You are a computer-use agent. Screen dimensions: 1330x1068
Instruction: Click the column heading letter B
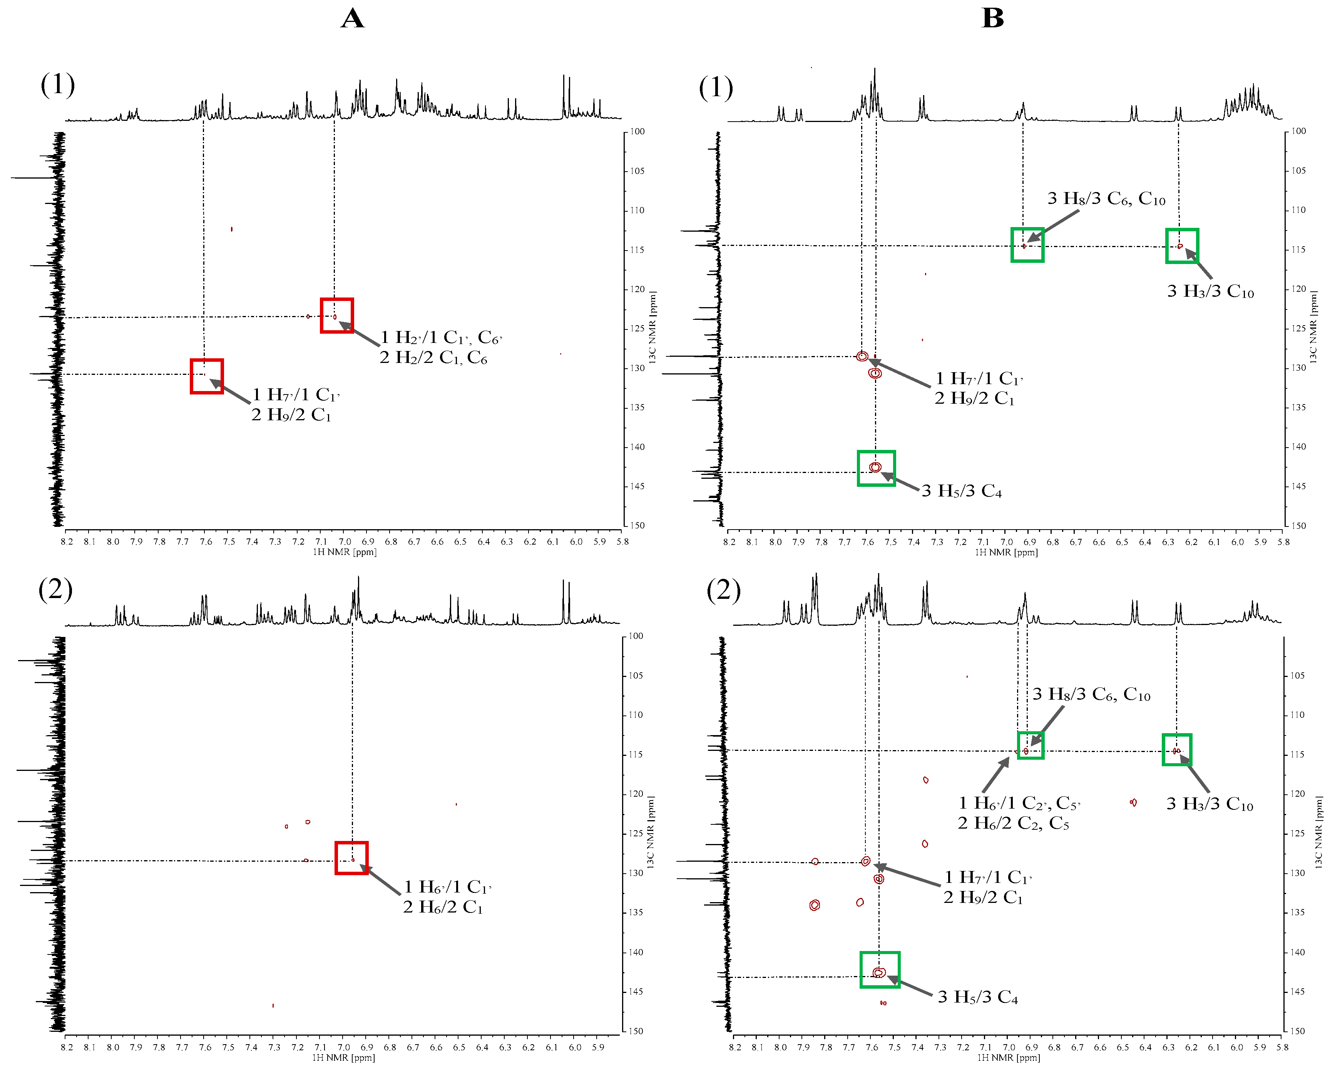pyautogui.click(x=992, y=18)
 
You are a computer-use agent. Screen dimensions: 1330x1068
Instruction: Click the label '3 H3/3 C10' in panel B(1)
pyautogui.click(x=1210, y=292)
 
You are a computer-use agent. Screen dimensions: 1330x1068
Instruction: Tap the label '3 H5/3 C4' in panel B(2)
pyautogui.click(x=978, y=997)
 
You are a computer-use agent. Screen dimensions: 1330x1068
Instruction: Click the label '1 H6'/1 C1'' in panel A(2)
pyautogui.click(x=448, y=887)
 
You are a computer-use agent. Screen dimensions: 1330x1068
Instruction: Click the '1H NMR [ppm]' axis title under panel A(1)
pyautogui.click(x=344, y=552)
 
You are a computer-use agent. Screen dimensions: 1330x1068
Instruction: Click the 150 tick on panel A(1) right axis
pyautogui.click(x=637, y=525)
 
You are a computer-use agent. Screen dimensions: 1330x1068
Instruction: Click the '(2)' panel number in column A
pyautogui.click(x=55, y=590)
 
